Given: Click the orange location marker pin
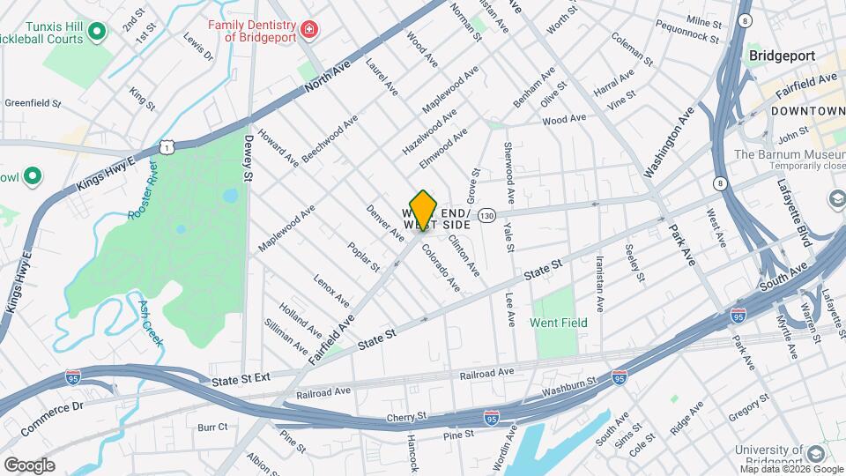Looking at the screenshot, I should (x=423, y=210).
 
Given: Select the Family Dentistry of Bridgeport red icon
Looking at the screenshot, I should (x=308, y=31).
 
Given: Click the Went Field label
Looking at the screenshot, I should (x=558, y=323).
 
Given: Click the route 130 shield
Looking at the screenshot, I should (x=486, y=216).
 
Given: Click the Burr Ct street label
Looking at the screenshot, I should (x=212, y=428).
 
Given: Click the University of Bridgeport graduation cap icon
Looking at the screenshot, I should (x=815, y=453).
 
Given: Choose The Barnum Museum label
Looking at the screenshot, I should (x=790, y=155).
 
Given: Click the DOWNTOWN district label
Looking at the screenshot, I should (x=807, y=111).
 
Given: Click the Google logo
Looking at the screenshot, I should (x=29, y=465).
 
